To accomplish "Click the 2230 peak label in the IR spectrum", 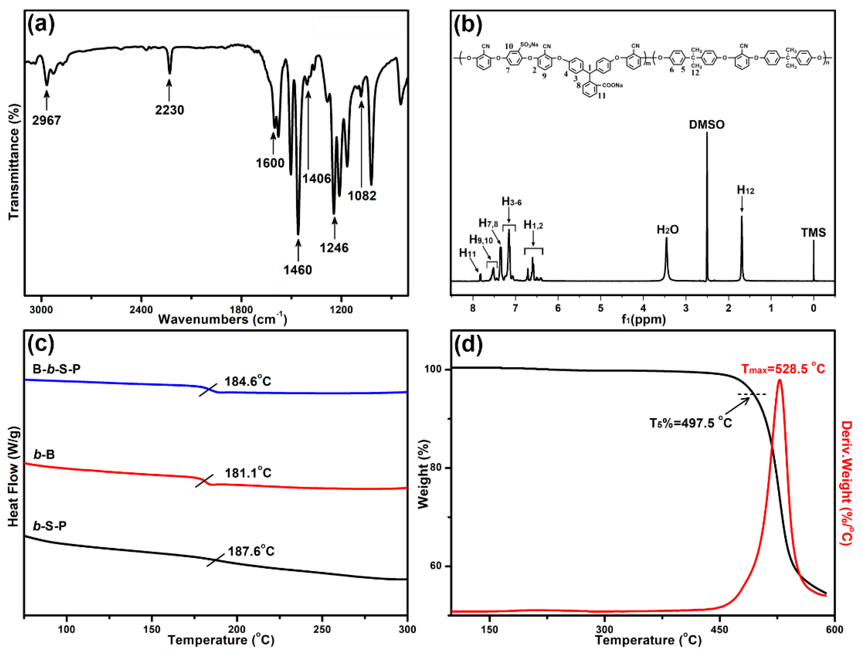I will click(x=169, y=110).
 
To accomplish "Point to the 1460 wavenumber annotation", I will click(x=297, y=270).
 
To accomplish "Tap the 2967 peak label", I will click(x=47, y=120).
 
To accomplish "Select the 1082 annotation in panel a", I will click(x=362, y=196).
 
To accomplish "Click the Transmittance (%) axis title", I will click(x=14, y=162).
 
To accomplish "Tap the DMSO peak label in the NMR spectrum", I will click(x=707, y=125).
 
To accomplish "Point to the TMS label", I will click(x=814, y=233).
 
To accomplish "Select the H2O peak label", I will click(x=667, y=230).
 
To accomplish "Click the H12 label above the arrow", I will click(x=745, y=190).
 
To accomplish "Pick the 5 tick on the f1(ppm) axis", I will click(x=601, y=308).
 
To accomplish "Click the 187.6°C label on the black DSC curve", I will click(x=251, y=551).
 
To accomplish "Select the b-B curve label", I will click(x=44, y=455).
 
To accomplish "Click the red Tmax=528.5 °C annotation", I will click(x=783, y=369).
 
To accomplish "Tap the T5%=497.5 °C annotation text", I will click(x=690, y=423).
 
